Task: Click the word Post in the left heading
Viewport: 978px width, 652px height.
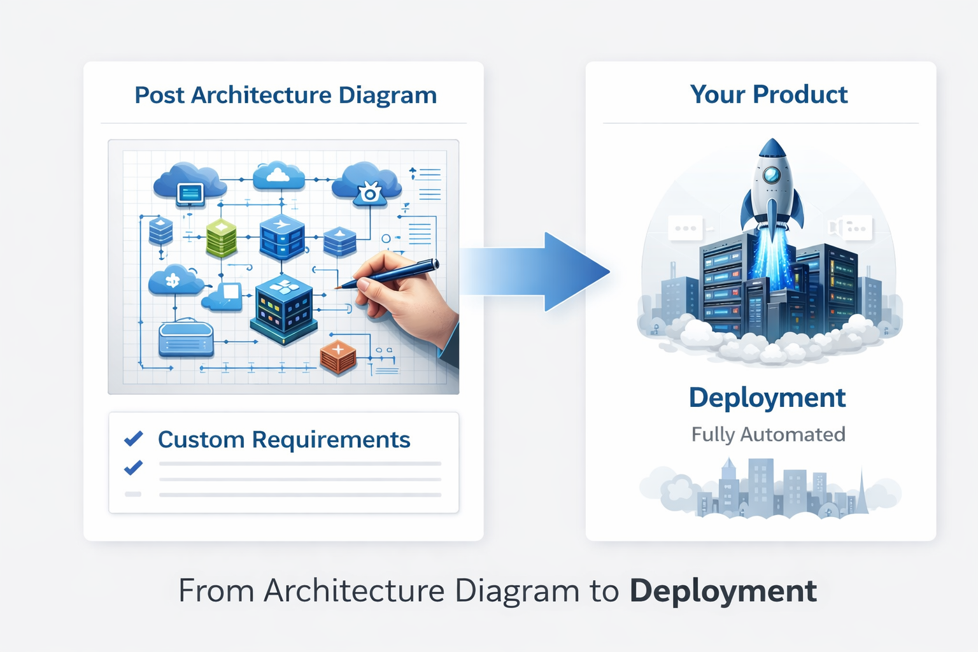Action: point(159,96)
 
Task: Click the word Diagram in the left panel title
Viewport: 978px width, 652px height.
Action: point(387,96)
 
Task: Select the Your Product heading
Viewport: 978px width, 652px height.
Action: point(769,94)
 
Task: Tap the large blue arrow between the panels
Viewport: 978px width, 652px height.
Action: point(541,272)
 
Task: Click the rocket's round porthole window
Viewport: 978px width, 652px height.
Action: point(772,175)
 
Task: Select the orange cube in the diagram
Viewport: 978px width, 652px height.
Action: point(338,357)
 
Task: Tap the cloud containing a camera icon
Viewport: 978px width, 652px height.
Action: point(368,185)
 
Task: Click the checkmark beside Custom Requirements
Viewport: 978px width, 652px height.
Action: point(134,439)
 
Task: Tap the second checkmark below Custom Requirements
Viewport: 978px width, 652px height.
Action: point(133,468)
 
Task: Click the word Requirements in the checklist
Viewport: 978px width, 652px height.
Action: point(330,439)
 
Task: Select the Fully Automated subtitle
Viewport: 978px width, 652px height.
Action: point(768,434)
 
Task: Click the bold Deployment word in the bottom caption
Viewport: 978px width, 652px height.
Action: point(723,591)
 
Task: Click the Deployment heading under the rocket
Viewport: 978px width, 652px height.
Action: point(767,398)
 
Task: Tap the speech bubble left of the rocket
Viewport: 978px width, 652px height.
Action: point(685,228)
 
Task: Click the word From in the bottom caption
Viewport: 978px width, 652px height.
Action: point(215,591)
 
